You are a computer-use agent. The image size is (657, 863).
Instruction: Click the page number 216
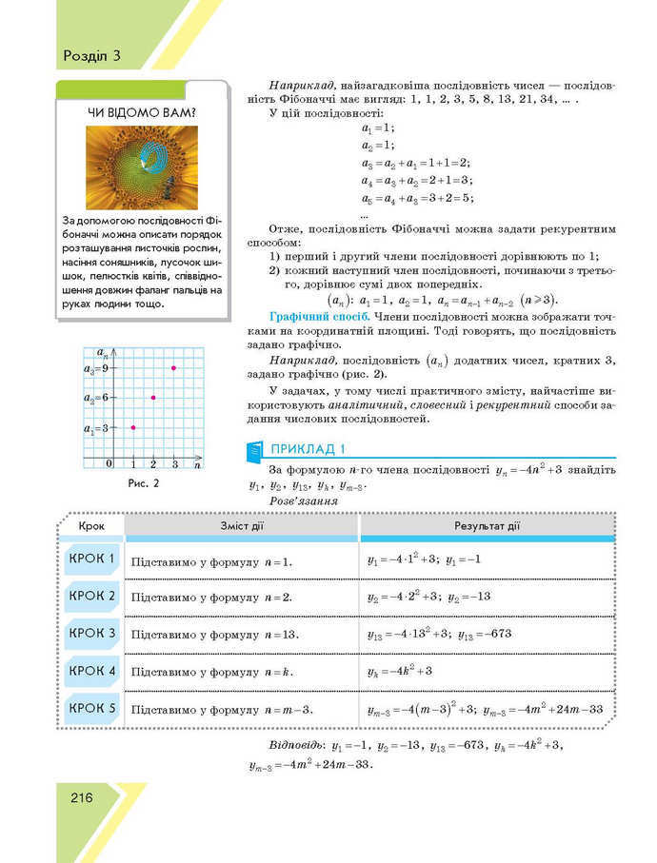pyautogui.click(x=80, y=797)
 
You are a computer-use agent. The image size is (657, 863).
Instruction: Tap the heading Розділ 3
pyautogui.click(x=92, y=54)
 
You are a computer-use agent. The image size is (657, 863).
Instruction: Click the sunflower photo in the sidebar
pyautogui.click(x=142, y=168)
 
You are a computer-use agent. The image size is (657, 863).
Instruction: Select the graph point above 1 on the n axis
pyautogui.click(x=133, y=427)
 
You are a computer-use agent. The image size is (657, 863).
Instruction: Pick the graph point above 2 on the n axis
pyautogui.click(x=153, y=397)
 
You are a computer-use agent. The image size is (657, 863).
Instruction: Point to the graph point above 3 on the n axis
pyautogui.click(x=173, y=367)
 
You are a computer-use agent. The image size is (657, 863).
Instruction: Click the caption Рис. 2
pyautogui.click(x=143, y=483)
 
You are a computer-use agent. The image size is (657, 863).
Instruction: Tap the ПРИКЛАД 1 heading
pyautogui.click(x=309, y=450)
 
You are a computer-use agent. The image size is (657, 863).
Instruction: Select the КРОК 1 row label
pyautogui.click(x=92, y=559)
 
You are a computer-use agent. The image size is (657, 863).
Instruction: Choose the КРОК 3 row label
pyautogui.click(x=92, y=633)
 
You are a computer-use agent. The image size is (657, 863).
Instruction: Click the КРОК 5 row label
pyautogui.click(x=92, y=708)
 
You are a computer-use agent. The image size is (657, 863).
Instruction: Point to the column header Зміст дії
pyautogui.click(x=241, y=526)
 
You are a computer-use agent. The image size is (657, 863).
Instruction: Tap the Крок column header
pyautogui.click(x=92, y=526)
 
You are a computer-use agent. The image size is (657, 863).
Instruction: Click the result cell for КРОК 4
pyautogui.click(x=400, y=672)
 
